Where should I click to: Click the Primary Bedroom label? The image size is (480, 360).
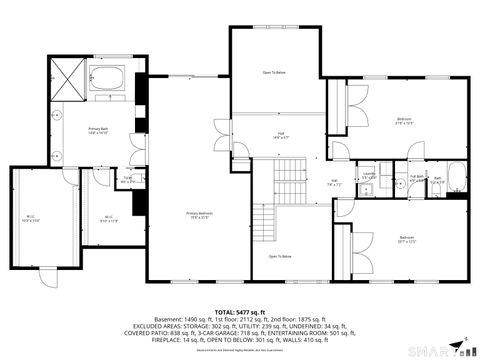pyautogui.click(x=198, y=214)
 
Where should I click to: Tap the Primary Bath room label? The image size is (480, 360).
pyautogui.click(x=97, y=130)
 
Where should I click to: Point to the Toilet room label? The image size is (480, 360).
pyautogui.click(x=127, y=180)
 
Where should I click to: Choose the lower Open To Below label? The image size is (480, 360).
pyautogui.click(x=279, y=257)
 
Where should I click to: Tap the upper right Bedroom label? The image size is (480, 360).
pyautogui.click(x=403, y=122)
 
